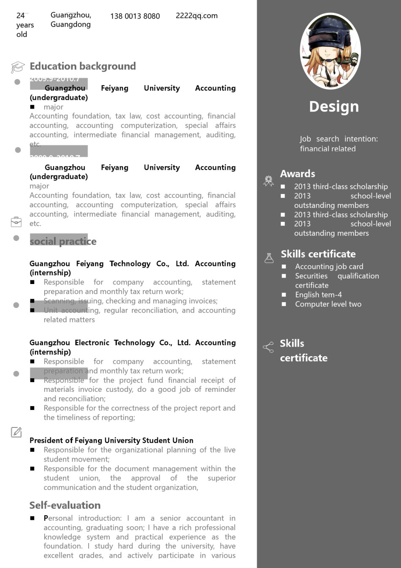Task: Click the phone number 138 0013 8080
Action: point(135,16)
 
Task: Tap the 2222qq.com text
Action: point(197,16)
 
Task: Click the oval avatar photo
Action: point(330,51)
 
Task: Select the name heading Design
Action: point(334,106)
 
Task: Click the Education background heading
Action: point(83,66)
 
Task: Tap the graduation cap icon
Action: point(17,67)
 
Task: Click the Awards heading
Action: point(298,174)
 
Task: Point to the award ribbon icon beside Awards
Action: point(268,181)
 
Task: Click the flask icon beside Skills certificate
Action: point(269,258)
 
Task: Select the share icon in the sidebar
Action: point(268,347)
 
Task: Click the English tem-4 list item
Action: point(318,295)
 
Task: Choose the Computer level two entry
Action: point(328,304)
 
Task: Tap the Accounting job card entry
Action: point(329,266)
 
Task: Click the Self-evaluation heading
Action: point(65,505)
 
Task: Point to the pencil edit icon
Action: point(16,432)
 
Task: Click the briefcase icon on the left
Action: point(16,222)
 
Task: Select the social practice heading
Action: point(63,241)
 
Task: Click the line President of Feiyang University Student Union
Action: point(111,440)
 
